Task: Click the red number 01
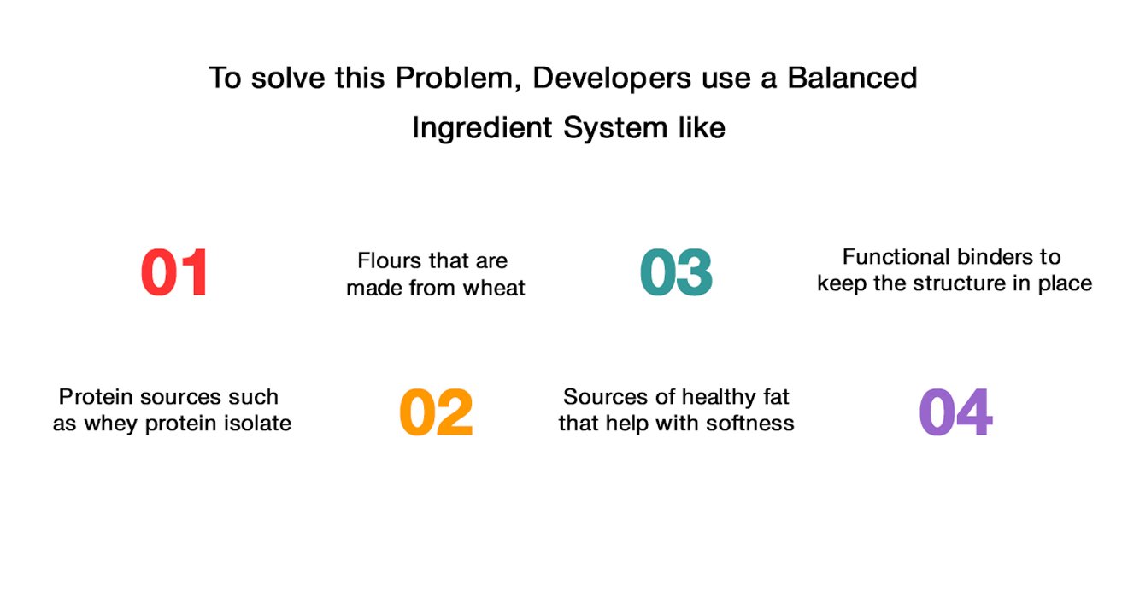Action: [x=174, y=272]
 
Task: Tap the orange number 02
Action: [x=436, y=412]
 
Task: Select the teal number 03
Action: [x=676, y=272]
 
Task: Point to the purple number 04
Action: [x=955, y=412]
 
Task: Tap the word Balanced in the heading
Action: [x=852, y=78]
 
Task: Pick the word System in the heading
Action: [x=615, y=128]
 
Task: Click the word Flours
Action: [x=389, y=260]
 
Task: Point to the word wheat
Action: [x=494, y=289]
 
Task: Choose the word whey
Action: [x=111, y=424]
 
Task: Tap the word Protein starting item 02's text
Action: [x=97, y=397]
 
